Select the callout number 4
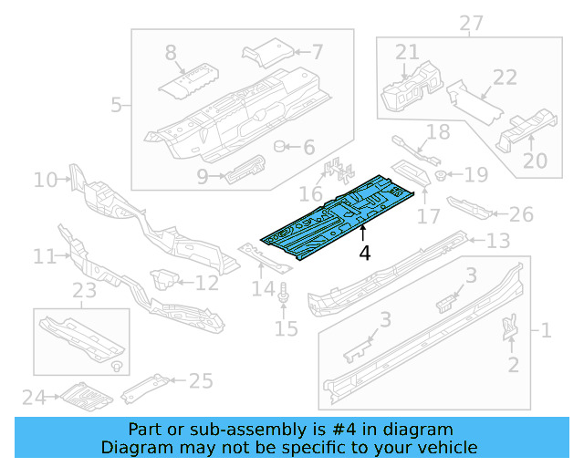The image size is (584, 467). pos(364,253)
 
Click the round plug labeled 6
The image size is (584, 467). pos(282,146)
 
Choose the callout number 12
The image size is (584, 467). pos(207,283)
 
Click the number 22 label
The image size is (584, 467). pos(505,79)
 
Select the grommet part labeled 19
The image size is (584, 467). pos(441,174)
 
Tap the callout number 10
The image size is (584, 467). pos(45,180)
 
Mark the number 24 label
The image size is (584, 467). pos(34,397)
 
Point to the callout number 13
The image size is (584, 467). pos(497,241)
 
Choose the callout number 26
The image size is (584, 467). pos(520,214)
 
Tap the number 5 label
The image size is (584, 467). pos(116,105)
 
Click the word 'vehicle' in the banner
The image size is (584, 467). pos(446,447)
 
